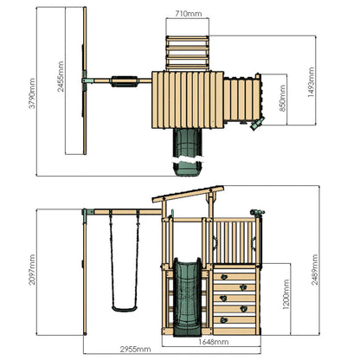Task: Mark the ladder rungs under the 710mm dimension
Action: click(x=187, y=52)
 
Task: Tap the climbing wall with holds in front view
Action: click(x=235, y=296)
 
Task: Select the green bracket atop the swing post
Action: click(x=87, y=212)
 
